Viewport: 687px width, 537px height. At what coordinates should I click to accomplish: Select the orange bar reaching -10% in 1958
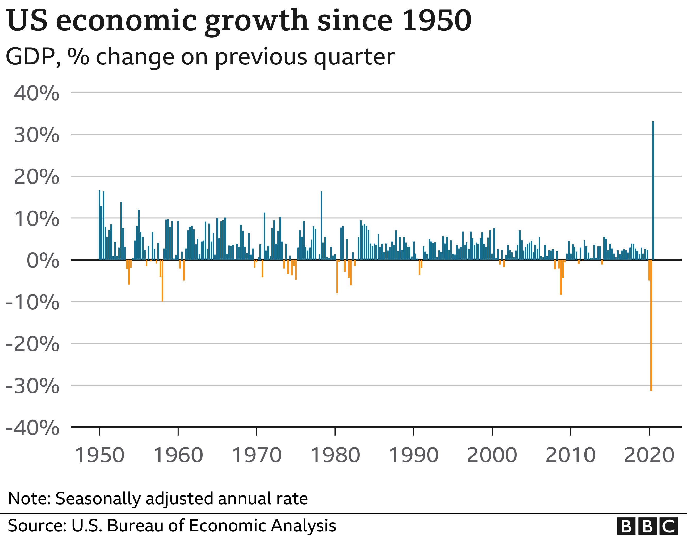[x=162, y=280]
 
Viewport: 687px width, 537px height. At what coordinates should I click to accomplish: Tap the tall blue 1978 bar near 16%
[x=321, y=225]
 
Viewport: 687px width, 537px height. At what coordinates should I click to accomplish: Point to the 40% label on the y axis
[x=37, y=94]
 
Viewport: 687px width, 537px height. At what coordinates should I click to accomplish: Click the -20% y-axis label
[x=32, y=344]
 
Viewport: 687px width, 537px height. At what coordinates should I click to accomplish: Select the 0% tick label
[x=43, y=261]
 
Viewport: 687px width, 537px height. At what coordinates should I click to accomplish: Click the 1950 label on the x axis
[x=99, y=456]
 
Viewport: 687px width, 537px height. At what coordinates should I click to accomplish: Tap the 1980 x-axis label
[x=335, y=456]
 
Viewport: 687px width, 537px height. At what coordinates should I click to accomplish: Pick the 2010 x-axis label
[x=570, y=456]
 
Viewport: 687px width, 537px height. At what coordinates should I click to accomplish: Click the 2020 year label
[x=649, y=456]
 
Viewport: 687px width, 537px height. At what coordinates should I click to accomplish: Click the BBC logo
[x=647, y=526]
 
